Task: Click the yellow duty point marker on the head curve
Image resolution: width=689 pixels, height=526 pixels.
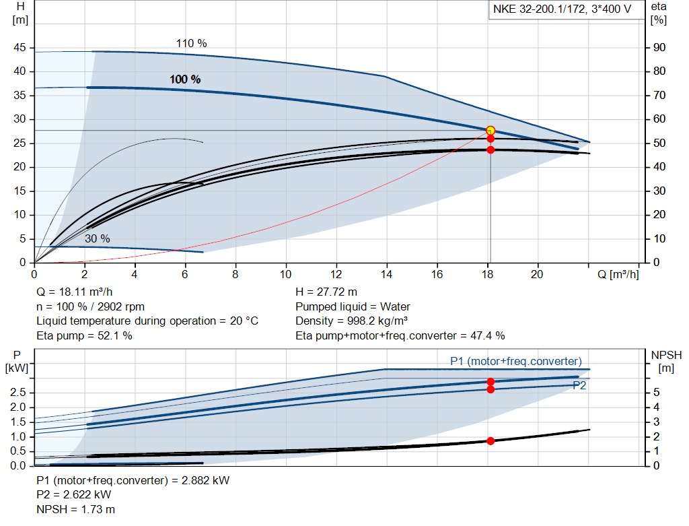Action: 491,131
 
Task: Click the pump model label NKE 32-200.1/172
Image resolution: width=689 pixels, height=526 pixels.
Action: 561,11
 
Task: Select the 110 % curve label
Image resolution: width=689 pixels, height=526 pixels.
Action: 192,43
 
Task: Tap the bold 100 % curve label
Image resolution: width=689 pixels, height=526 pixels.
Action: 185,79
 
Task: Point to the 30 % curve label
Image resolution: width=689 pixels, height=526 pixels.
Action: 98,238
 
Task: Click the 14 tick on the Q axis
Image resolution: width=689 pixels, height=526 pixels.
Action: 386,274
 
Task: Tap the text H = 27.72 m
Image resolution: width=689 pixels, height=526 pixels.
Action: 326,292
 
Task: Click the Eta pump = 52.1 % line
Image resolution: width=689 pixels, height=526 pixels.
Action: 84,335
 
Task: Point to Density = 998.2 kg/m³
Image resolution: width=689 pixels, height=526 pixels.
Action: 353,321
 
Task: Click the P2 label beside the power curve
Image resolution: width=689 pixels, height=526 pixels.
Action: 579,385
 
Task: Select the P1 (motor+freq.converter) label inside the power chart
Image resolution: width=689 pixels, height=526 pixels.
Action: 515,361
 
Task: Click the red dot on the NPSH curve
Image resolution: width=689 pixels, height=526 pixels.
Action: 491,441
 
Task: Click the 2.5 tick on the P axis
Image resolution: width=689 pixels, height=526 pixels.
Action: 20,393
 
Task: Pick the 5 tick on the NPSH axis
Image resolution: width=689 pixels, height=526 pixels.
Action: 655,393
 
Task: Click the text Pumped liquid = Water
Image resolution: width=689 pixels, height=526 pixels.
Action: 353,307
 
